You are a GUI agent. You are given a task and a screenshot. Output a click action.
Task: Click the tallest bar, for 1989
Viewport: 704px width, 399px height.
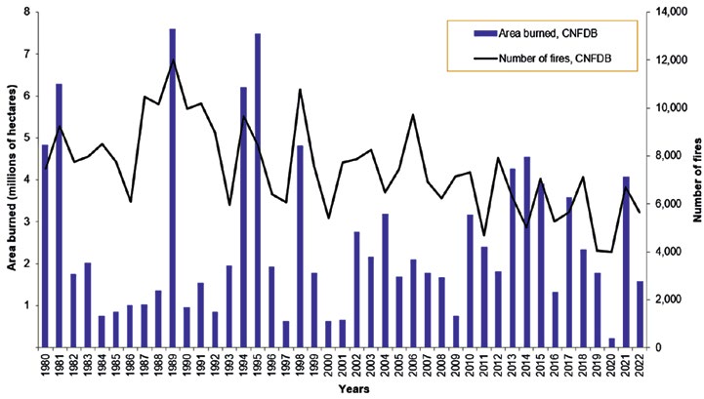point(173,188)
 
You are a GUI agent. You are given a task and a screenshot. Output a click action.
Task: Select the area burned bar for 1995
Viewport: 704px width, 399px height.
point(258,190)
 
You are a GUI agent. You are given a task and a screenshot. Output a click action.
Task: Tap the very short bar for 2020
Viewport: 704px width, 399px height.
point(611,342)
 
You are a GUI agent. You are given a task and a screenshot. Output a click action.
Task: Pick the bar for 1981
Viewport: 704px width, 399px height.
point(59,216)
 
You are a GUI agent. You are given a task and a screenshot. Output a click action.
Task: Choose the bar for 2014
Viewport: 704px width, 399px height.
point(526,253)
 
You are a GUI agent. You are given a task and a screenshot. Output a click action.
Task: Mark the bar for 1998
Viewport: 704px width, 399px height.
point(300,247)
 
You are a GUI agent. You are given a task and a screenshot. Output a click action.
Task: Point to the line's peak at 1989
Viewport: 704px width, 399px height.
point(174,60)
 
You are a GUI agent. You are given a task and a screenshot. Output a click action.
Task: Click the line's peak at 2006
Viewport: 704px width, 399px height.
point(413,115)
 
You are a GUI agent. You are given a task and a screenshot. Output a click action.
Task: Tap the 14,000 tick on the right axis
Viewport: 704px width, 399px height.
point(669,12)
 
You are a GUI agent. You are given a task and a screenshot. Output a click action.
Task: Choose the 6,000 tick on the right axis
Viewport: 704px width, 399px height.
point(667,204)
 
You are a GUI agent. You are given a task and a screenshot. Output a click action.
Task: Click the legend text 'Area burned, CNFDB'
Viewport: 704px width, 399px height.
point(548,34)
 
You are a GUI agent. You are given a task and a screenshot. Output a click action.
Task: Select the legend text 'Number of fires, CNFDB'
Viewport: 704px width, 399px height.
point(555,59)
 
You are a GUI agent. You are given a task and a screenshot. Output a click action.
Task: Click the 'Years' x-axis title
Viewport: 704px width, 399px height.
point(354,388)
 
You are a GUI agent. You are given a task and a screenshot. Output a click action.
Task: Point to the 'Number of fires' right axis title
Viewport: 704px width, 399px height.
point(696,180)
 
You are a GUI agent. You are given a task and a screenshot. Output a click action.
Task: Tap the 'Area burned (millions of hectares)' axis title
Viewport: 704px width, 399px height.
point(12,178)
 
